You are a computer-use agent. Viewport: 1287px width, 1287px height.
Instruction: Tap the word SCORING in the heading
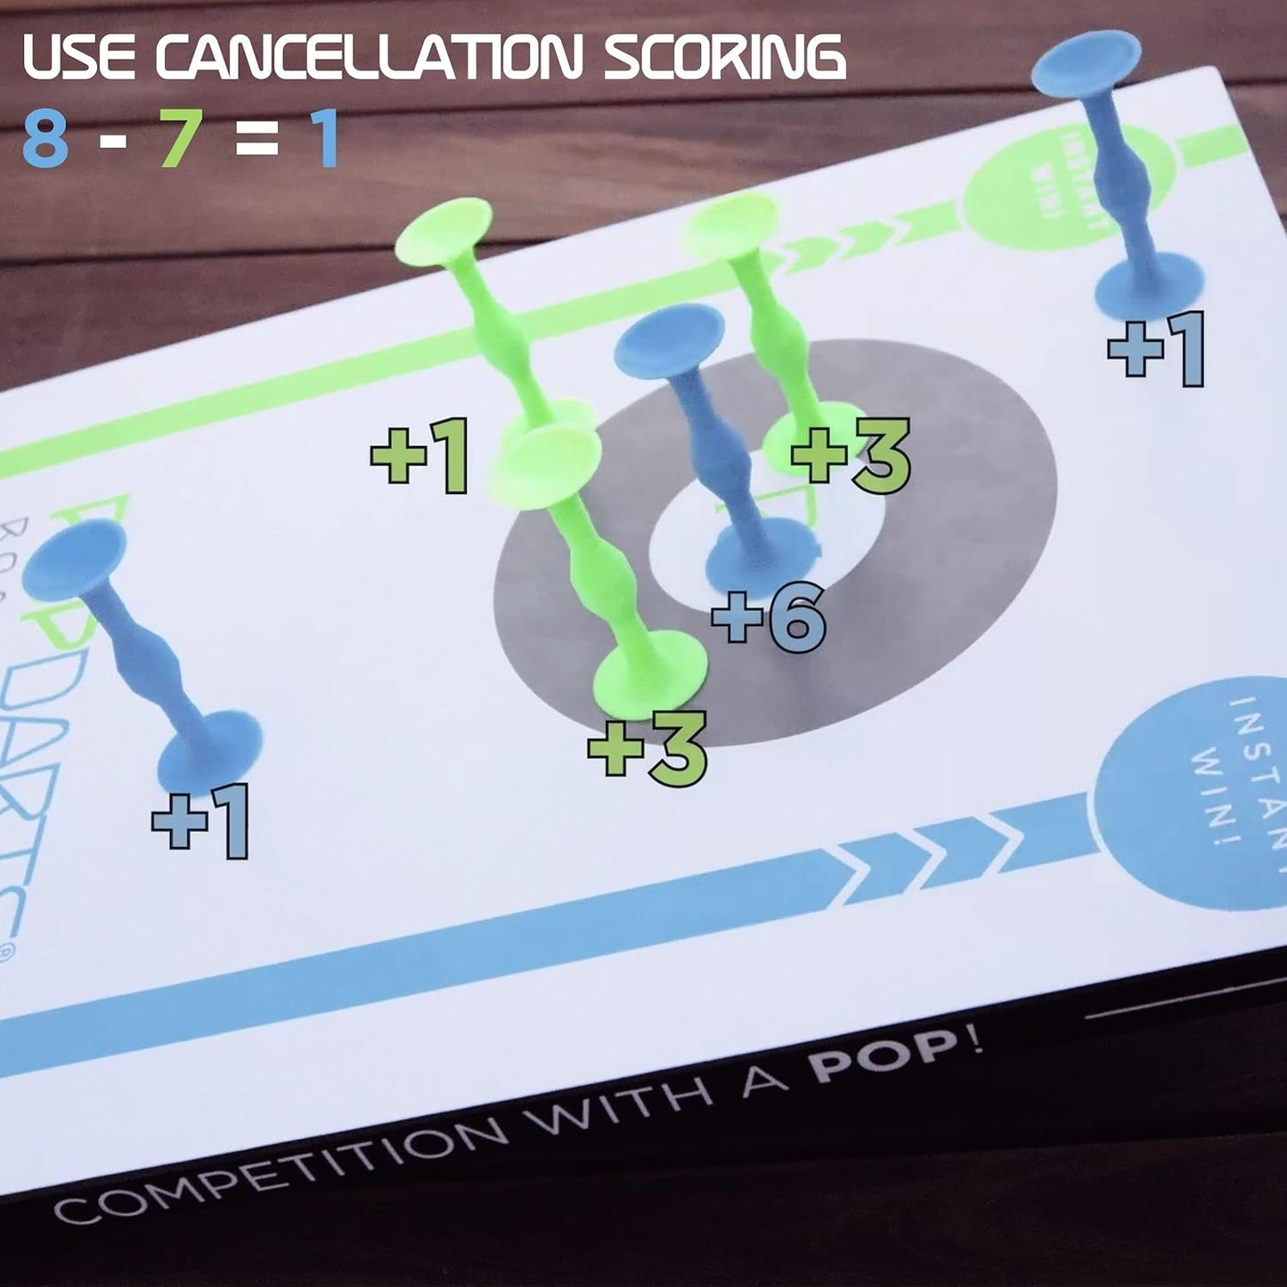click(x=724, y=57)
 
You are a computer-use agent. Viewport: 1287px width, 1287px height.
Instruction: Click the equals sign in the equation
click(x=257, y=139)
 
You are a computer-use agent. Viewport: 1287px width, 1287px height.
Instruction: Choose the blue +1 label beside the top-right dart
click(x=1156, y=349)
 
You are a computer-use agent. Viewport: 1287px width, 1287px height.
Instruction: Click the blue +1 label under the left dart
click(x=201, y=820)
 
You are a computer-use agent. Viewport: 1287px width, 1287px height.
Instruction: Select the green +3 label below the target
click(x=648, y=747)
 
